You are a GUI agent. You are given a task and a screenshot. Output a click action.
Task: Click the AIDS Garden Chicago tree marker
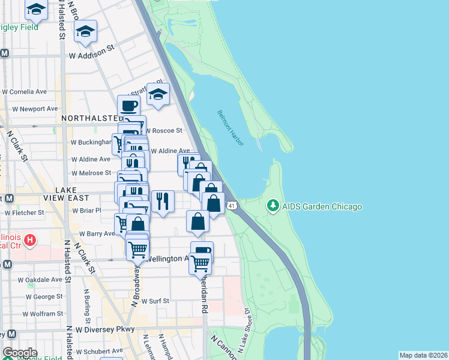click(x=274, y=206)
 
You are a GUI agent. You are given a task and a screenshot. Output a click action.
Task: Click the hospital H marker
click(x=30, y=241)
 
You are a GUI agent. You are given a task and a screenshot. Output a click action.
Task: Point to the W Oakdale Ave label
click(x=40, y=280)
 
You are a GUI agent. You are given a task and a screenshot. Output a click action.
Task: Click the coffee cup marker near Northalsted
click(x=128, y=106)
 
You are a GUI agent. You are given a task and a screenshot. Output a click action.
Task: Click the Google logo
click(x=19, y=353)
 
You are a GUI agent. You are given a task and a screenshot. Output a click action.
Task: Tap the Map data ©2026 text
click(x=423, y=355)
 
